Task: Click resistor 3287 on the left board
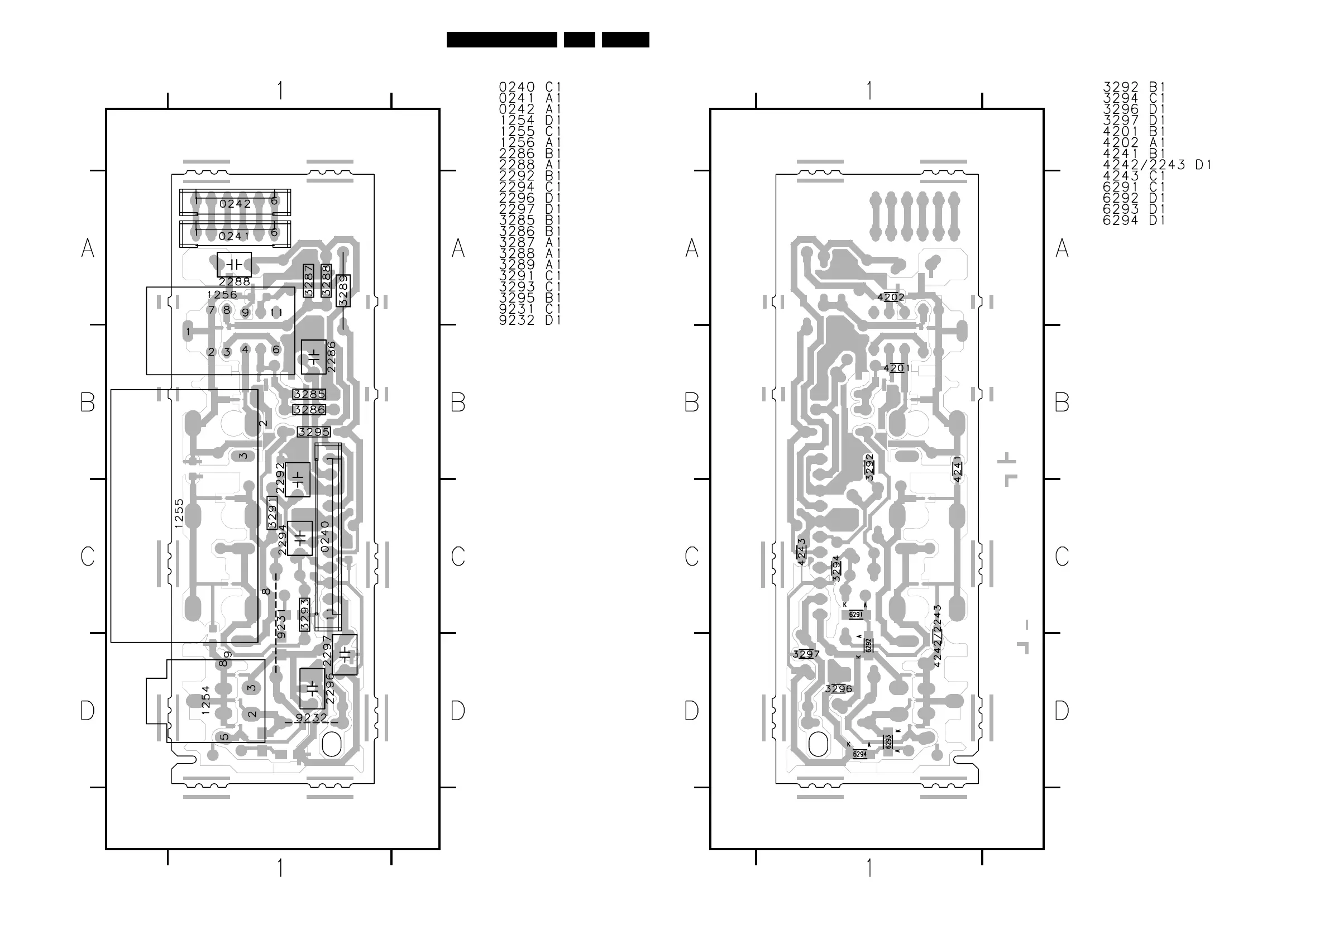(308, 281)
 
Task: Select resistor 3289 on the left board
(343, 291)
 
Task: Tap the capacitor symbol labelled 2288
(235, 265)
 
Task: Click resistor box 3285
(309, 395)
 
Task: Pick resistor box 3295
(314, 432)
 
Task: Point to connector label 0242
(235, 204)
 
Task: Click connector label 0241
(234, 236)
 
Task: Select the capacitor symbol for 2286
(314, 357)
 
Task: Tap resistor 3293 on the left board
(304, 615)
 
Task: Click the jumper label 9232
(312, 718)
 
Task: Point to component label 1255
(179, 513)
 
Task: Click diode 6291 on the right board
(856, 615)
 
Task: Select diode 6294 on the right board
(860, 754)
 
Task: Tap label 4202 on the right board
(891, 298)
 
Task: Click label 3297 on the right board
(806, 654)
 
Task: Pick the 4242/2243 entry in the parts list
(1156, 165)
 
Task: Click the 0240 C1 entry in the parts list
(529, 87)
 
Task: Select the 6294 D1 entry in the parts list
(1134, 221)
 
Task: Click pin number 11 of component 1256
(276, 313)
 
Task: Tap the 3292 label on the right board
(869, 467)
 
